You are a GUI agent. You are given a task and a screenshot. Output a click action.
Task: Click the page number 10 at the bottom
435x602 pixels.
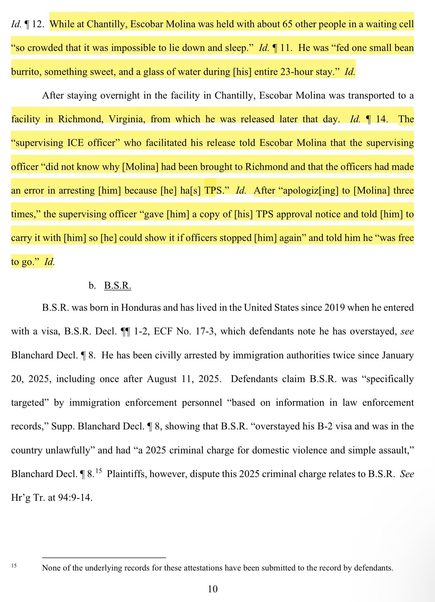(x=213, y=589)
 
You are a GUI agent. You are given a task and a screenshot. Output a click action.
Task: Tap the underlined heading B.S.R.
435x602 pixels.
(x=118, y=285)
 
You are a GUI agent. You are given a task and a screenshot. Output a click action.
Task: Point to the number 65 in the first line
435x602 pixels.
(x=287, y=24)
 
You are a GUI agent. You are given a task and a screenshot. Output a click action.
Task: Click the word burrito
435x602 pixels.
(x=26, y=72)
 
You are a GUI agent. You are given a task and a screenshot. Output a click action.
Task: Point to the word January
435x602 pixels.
(x=398, y=355)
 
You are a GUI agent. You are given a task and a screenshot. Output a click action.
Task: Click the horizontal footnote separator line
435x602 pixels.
(x=104, y=557)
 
